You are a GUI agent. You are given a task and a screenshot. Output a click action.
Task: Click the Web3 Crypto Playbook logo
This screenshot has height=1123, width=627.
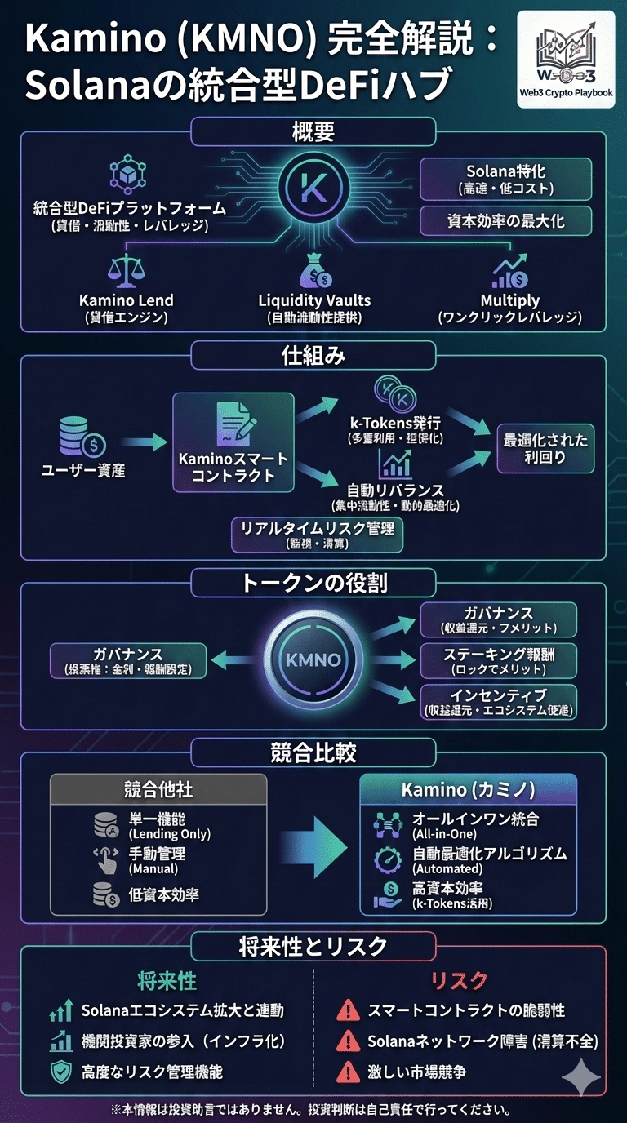click(567, 59)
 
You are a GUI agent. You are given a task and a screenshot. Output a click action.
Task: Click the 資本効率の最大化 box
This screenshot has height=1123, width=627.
click(505, 220)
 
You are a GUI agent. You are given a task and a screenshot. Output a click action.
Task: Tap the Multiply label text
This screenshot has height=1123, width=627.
click(510, 300)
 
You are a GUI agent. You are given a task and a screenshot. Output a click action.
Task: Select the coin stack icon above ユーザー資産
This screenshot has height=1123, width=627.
click(82, 439)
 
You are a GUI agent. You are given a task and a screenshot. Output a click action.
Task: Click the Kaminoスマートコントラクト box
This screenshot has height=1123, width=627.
click(233, 442)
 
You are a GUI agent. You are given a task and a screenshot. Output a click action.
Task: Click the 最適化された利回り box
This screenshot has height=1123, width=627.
click(545, 449)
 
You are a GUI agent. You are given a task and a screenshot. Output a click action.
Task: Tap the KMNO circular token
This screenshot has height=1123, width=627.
click(313, 658)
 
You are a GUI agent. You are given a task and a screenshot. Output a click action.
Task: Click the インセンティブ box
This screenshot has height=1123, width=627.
click(498, 702)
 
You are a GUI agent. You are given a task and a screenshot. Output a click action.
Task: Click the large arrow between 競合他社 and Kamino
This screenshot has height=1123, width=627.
click(313, 845)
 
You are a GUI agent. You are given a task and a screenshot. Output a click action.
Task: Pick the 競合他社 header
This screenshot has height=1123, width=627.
click(158, 790)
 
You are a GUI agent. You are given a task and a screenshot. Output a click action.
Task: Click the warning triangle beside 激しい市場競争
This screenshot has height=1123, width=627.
click(349, 1071)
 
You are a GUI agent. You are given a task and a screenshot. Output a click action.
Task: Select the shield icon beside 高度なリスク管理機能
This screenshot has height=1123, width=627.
click(61, 1072)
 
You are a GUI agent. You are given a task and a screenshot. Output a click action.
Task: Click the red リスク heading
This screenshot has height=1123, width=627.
click(460, 980)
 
